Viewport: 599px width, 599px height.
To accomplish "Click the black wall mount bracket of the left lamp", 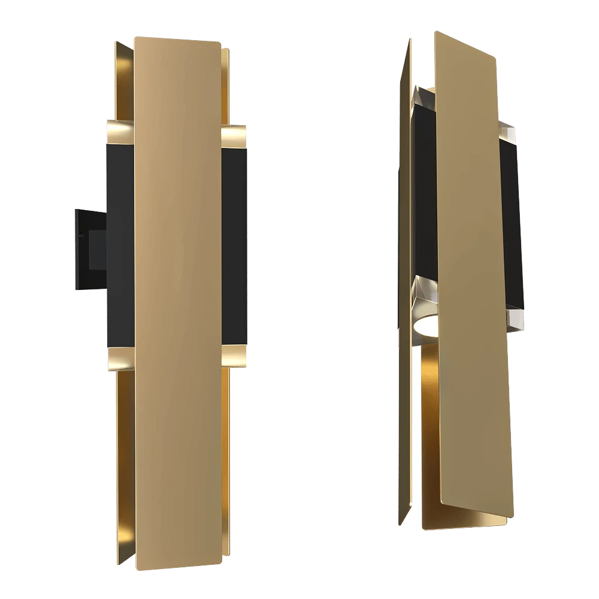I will [89, 249].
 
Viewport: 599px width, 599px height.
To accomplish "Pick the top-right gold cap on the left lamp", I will [235, 137].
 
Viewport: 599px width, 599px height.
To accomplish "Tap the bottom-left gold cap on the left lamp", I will [120, 358].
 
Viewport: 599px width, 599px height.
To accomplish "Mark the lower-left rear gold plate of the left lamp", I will [124, 449].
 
